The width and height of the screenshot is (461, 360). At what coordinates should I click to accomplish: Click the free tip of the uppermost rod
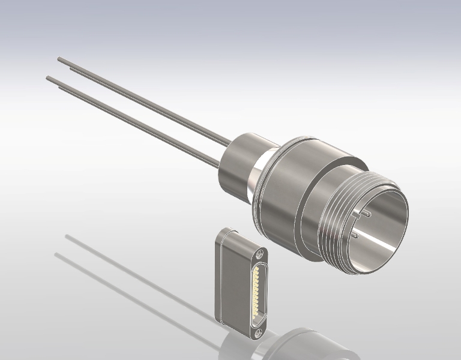coord(59,59)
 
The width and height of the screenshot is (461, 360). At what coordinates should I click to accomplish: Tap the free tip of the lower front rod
coord(49,78)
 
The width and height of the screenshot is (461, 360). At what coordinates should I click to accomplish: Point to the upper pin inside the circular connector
coord(366,214)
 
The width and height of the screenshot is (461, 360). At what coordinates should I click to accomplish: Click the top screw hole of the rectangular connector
coord(259,254)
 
